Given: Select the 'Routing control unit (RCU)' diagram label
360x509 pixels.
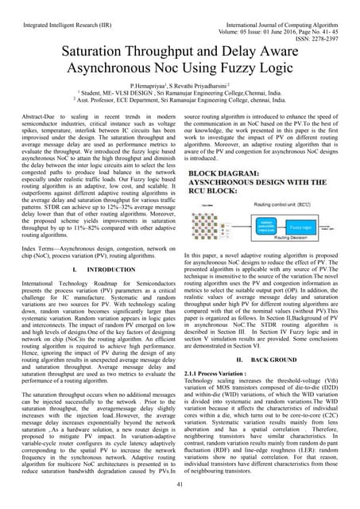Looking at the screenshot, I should pos(295,205).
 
